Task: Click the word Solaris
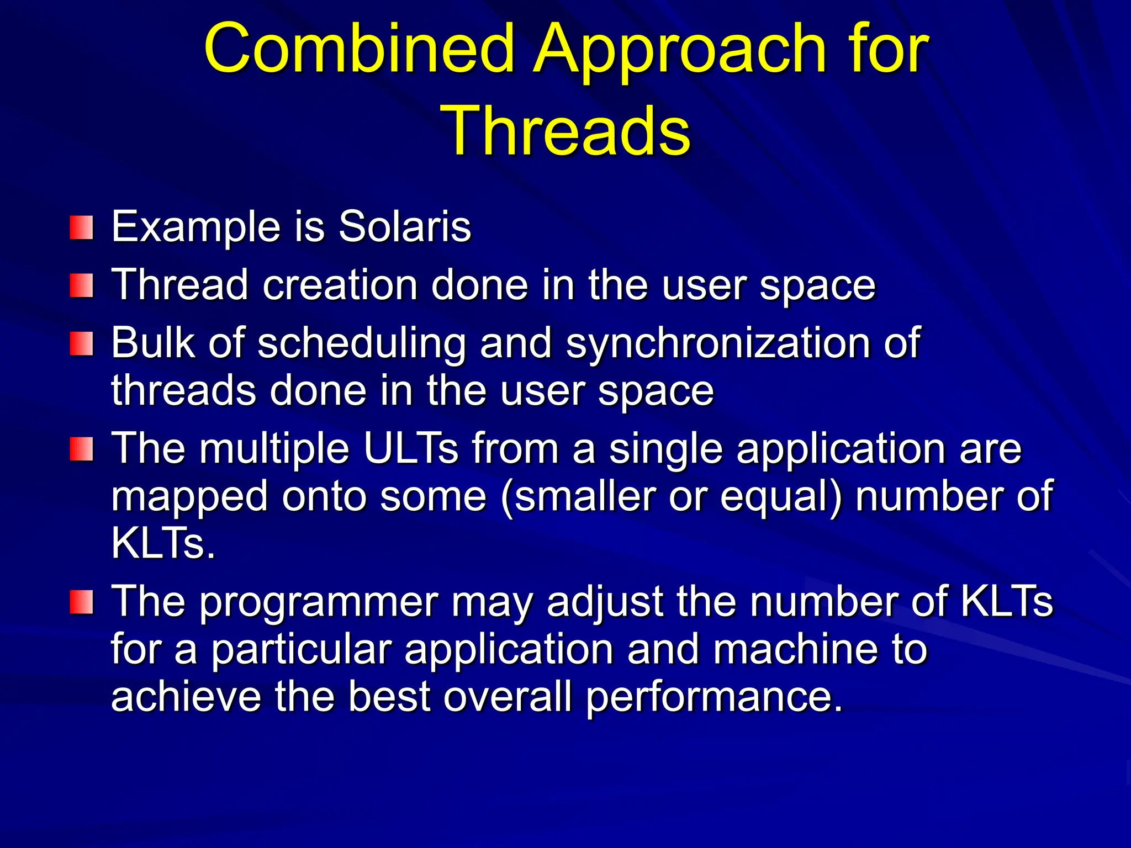[x=404, y=226]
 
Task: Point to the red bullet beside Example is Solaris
[x=81, y=228]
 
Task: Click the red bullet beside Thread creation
[x=81, y=286]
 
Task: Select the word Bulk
[x=152, y=343]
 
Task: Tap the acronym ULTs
[x=411, y=448]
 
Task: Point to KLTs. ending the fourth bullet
[x=163, y=543]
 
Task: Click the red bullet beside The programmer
[x=81, y=602]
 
